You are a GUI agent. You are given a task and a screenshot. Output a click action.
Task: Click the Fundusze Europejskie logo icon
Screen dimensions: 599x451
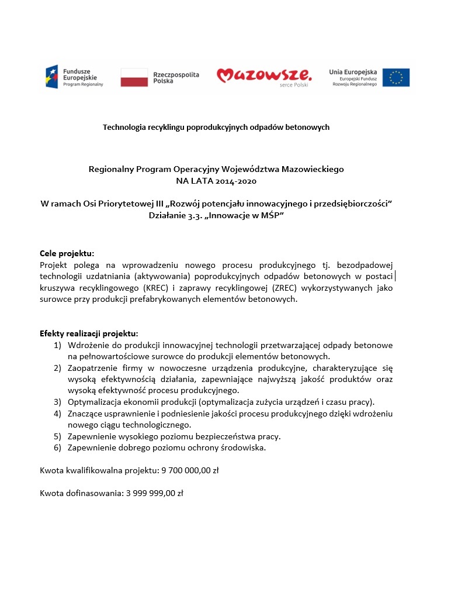pos(53,77)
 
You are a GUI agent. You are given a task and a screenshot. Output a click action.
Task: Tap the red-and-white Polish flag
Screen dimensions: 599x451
pos(134,77)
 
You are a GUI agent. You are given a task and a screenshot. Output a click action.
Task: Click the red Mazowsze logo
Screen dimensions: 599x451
pos(264,75)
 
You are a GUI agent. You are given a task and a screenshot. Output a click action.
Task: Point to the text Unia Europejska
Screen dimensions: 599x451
pos(353,71)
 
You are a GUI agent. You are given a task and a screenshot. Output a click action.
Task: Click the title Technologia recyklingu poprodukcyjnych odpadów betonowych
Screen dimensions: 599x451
pos(216,127)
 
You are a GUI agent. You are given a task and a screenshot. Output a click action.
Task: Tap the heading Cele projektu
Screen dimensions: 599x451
pos(67,253)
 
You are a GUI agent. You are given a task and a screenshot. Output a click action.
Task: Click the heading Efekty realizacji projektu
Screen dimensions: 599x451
pos(89,333)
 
